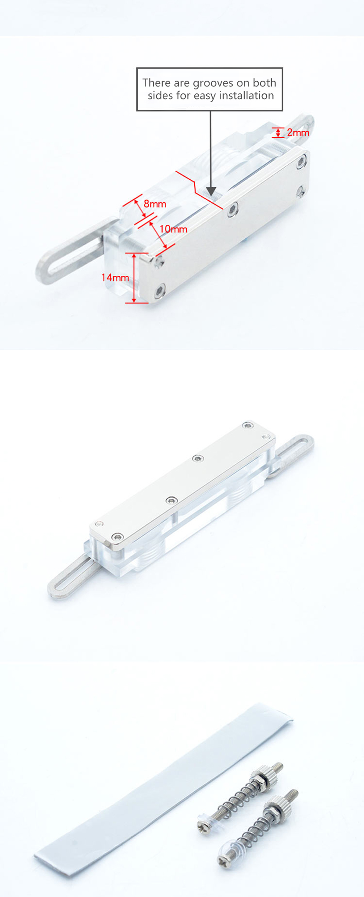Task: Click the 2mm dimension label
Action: pos(298,132)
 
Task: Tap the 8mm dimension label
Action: pos(155,204)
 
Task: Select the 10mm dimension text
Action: pos(173,229)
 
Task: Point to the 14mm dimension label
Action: pos(115,278)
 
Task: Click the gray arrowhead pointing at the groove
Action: pos(211,191)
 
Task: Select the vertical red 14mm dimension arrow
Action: pos(134,278)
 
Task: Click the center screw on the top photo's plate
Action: pos(232,209)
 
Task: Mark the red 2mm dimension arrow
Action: pos(278,132)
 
